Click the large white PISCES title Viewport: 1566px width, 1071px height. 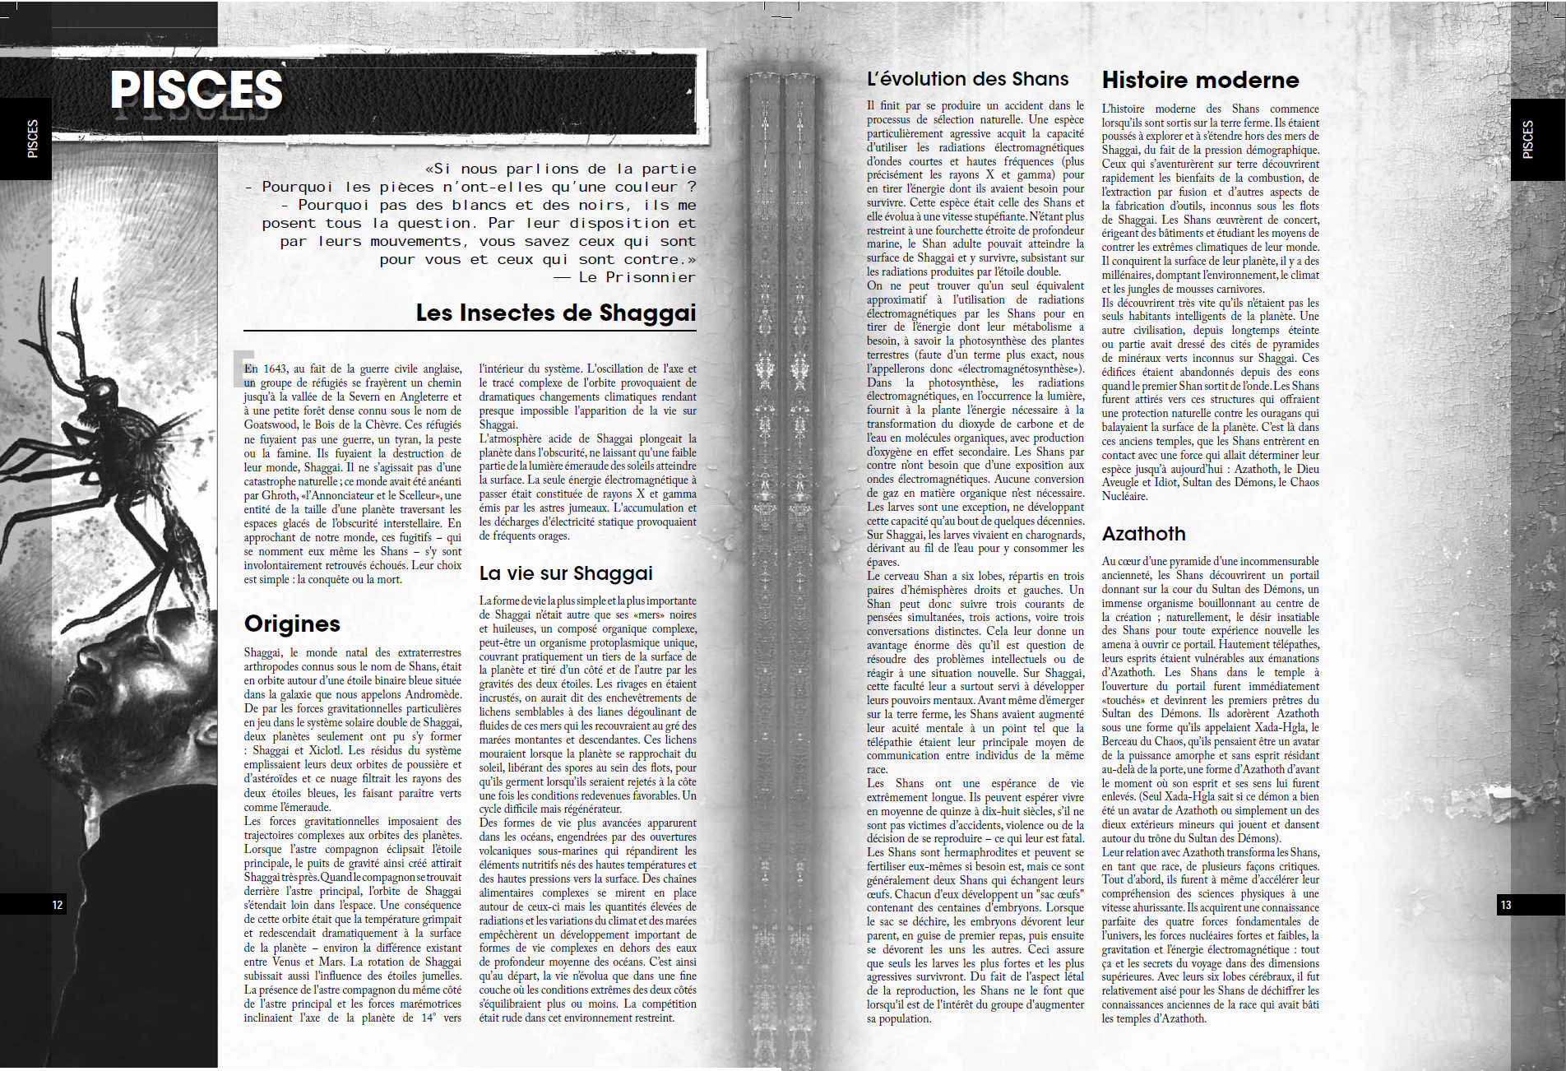click(197, 90)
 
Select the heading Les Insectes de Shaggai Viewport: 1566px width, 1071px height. click(555, 313)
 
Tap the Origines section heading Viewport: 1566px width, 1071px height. click(292, 624)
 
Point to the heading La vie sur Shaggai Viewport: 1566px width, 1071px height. click(566, 573)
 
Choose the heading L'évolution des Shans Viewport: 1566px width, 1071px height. click(967, 79)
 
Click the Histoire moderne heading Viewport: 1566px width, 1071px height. click(1200, 80)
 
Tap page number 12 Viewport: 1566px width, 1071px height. click(58, 905)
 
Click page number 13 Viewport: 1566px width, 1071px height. click(1506, 905)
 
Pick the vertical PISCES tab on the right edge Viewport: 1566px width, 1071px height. click(1528, 139)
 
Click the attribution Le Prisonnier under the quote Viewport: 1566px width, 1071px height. click(637, 277)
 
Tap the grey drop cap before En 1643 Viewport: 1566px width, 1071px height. click(241, 368)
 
